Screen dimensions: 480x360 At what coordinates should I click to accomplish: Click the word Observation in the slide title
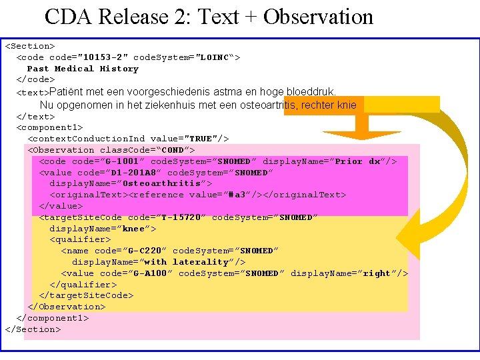pyautogui.click(x=318, y=17)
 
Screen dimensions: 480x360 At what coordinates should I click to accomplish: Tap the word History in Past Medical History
pyautogui.click(x=119, y=69)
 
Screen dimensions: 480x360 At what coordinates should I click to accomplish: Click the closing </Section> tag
pyautogui.click(x=33, y=329)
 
